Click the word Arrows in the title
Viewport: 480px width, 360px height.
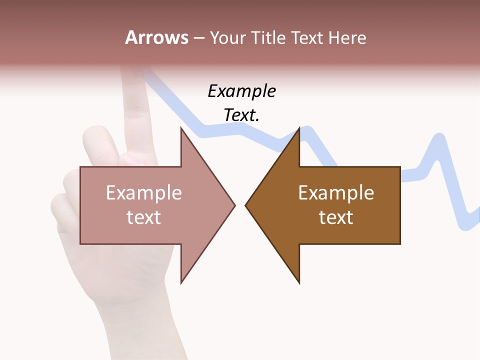156,37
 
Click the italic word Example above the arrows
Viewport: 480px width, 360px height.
241,91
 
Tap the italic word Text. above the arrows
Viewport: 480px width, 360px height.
241,115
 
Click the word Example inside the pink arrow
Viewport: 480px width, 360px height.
144,192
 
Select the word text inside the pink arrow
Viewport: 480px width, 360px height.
144,217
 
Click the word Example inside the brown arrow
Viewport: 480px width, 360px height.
336,192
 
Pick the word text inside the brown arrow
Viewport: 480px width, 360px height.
336,217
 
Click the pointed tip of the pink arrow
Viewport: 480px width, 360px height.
234,204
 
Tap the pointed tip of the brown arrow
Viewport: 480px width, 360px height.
246,204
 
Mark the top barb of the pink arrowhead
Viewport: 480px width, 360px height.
182,129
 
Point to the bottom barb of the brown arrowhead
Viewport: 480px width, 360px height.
298,282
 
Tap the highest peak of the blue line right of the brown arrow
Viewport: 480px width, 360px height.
439,138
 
